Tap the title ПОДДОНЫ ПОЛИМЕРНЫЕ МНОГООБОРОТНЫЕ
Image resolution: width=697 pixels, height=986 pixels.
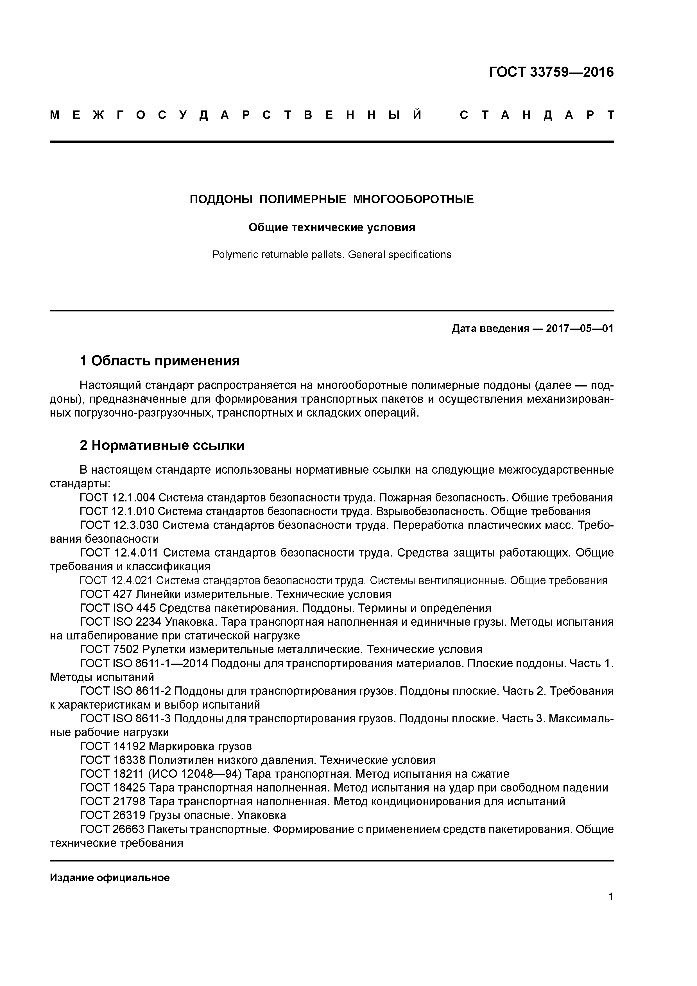332,199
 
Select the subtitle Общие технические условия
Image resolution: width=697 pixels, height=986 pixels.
332,228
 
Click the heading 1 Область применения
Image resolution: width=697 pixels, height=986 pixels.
159,361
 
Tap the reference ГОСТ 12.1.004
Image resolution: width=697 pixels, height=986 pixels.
117,498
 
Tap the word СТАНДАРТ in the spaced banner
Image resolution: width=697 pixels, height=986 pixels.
537,115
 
